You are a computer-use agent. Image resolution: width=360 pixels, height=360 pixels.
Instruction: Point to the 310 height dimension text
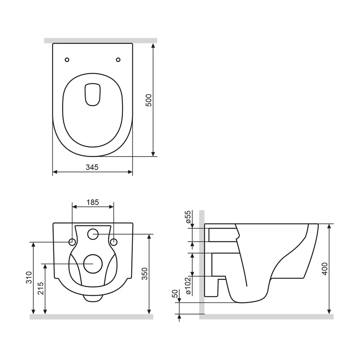(29, 278)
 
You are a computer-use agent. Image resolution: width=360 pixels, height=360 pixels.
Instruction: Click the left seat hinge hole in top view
(67, 60)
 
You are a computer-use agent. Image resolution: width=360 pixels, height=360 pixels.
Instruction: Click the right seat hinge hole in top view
(118, 60)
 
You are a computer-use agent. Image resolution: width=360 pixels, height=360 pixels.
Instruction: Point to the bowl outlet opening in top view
(93, 94)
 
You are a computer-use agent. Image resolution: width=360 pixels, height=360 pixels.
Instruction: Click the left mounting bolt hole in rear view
(72, 242)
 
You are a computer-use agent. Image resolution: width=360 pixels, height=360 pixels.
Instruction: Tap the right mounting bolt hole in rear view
(113, 242)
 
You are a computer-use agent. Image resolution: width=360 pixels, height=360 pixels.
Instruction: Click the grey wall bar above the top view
(100, 40)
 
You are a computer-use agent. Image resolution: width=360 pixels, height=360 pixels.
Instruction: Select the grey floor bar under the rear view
(91, 317)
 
